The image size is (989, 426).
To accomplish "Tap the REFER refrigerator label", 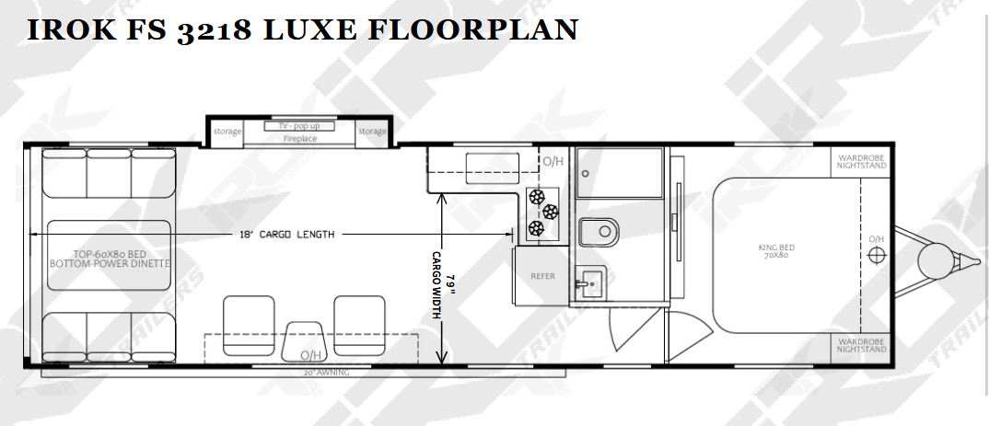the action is pos(542,276).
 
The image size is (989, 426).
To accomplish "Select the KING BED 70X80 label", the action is pos(775,251).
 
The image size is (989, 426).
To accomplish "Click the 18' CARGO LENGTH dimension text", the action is pos(286,235).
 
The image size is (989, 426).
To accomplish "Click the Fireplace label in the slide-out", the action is pos(299,139).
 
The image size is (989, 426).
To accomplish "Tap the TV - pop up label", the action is pos(299,126).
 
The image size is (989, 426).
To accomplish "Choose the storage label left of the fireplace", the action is pos(227,131).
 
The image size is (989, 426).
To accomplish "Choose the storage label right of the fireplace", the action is pos(372,131).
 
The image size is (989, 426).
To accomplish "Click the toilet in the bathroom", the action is pos(598,233).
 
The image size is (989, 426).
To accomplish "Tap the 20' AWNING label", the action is pos(327,373).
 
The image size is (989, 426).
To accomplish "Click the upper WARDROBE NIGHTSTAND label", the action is pos(862,161).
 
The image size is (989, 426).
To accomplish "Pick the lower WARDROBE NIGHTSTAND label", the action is pos(862,345).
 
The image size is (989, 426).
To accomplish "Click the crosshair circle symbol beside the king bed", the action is pos(876,255).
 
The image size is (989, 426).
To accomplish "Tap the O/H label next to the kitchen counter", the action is pos(553,161).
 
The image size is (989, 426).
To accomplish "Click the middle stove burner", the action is pos(551,212).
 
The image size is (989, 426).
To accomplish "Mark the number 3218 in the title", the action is pos(215,30).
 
